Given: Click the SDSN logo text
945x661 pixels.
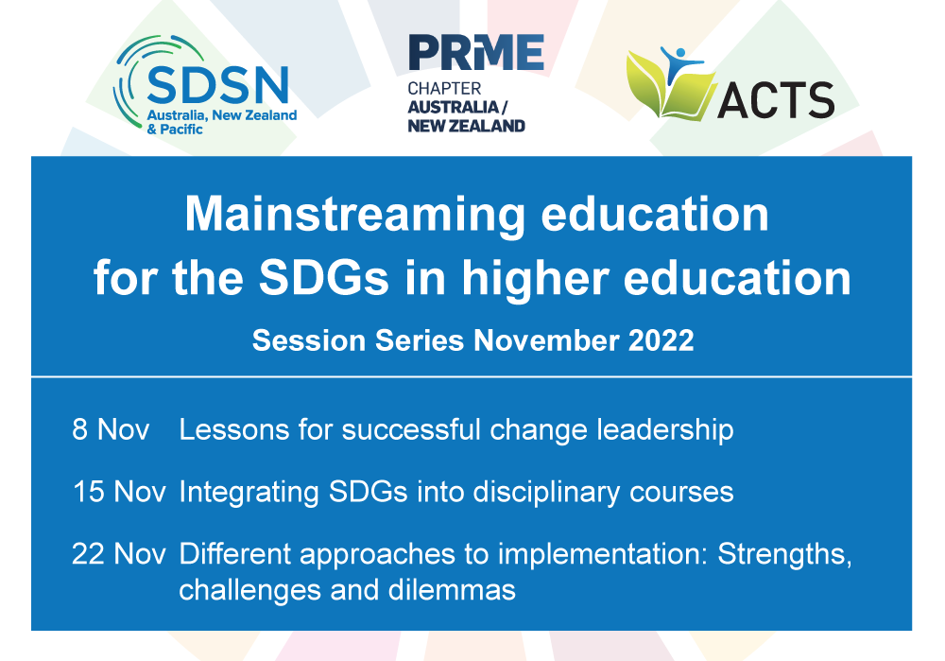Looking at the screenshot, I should (218, 87).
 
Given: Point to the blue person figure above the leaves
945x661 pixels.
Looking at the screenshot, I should (682, 60).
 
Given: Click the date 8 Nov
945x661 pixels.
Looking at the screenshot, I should (111, 430).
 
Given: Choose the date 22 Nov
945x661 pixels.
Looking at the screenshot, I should (119, 554).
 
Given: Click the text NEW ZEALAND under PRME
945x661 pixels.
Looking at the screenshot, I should (466, 125).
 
